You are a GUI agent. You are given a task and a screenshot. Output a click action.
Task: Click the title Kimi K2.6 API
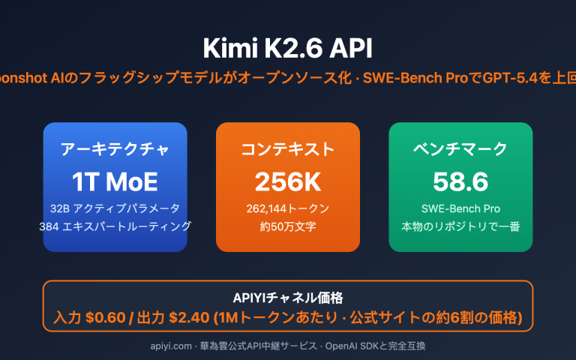(288, 47)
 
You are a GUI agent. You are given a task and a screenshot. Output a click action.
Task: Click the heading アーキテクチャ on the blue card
(115, 148)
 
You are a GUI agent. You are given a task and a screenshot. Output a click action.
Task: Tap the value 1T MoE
(115, 181)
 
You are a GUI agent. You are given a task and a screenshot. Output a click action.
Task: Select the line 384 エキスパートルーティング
(115, 226)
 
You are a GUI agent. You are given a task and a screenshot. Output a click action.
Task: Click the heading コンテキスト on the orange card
(288, 148)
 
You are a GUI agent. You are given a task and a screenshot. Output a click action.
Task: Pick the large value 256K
(288, 181)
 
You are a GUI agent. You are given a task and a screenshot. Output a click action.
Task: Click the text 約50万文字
(288, 226)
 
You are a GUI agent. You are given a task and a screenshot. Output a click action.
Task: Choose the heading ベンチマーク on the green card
(460, 148)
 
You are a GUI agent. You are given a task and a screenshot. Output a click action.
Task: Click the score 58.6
(460, 181)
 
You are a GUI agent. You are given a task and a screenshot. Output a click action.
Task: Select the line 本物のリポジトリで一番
(460, 226)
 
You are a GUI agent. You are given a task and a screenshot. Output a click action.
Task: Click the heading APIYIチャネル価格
(288, 297)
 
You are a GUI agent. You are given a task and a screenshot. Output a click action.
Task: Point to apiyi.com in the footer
(170, 346)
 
